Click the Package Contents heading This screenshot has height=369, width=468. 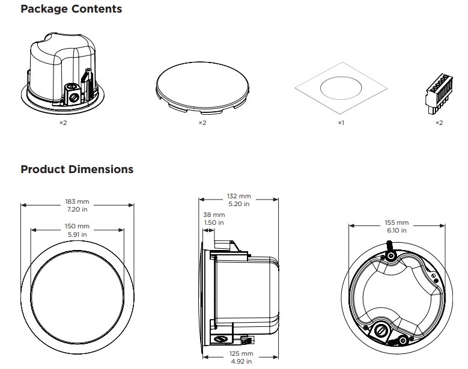pyautogui.click(x=71, y=9)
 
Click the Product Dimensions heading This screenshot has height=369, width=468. pyautogui.click(x=77, y=169)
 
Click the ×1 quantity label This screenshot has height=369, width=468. pyautogui.click(x=340, y=123)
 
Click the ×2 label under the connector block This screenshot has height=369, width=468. pyautogui.click(x=439, y=123)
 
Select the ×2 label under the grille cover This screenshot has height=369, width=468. pyautogui.click(x=202, y=123)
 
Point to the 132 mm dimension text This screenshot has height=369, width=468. pyautogui.click(x=239, y=197)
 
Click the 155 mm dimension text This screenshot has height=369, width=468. pyautogui.click(x=396, y=223)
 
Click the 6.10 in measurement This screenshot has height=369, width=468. pyautogui.click(x=396, y=230)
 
